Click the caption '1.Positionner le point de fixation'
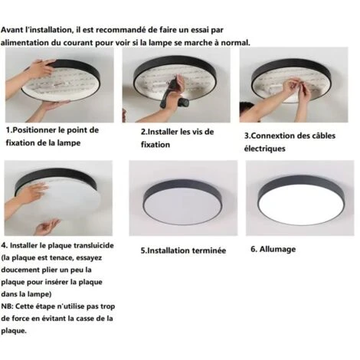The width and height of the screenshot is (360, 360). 52,136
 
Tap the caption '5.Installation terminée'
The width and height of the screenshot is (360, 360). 183,250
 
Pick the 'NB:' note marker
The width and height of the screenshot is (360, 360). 8,306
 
